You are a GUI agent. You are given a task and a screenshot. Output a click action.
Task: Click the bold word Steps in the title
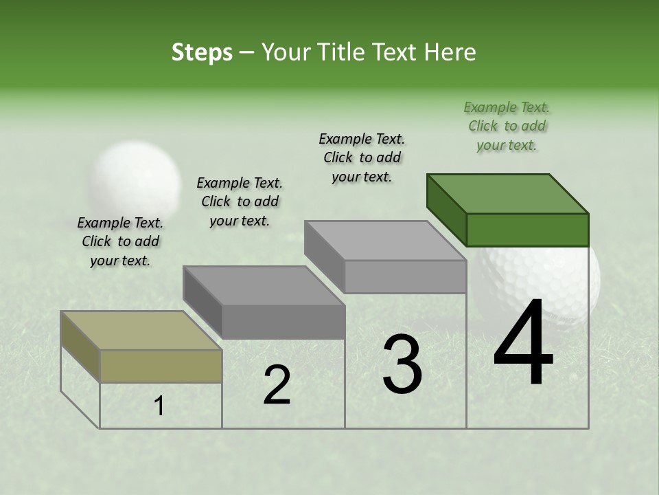point(201,52)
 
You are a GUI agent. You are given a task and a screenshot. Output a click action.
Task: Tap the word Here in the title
point(450,52)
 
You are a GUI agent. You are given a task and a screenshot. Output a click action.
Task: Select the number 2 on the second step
point(277,385)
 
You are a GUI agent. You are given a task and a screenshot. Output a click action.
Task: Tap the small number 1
point(159,406)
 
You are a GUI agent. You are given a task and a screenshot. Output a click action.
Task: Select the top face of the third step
point(384,241)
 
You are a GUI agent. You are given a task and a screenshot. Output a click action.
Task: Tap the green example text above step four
point(507,126)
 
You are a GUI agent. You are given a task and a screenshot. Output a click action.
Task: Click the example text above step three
point(362,157)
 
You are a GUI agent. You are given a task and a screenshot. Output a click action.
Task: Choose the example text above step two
point(240,201)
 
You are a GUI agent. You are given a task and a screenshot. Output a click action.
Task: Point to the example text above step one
point(120,241)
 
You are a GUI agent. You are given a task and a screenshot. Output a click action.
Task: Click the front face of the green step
point(527,230)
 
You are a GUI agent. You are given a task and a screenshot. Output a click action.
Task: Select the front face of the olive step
point(161,366)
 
